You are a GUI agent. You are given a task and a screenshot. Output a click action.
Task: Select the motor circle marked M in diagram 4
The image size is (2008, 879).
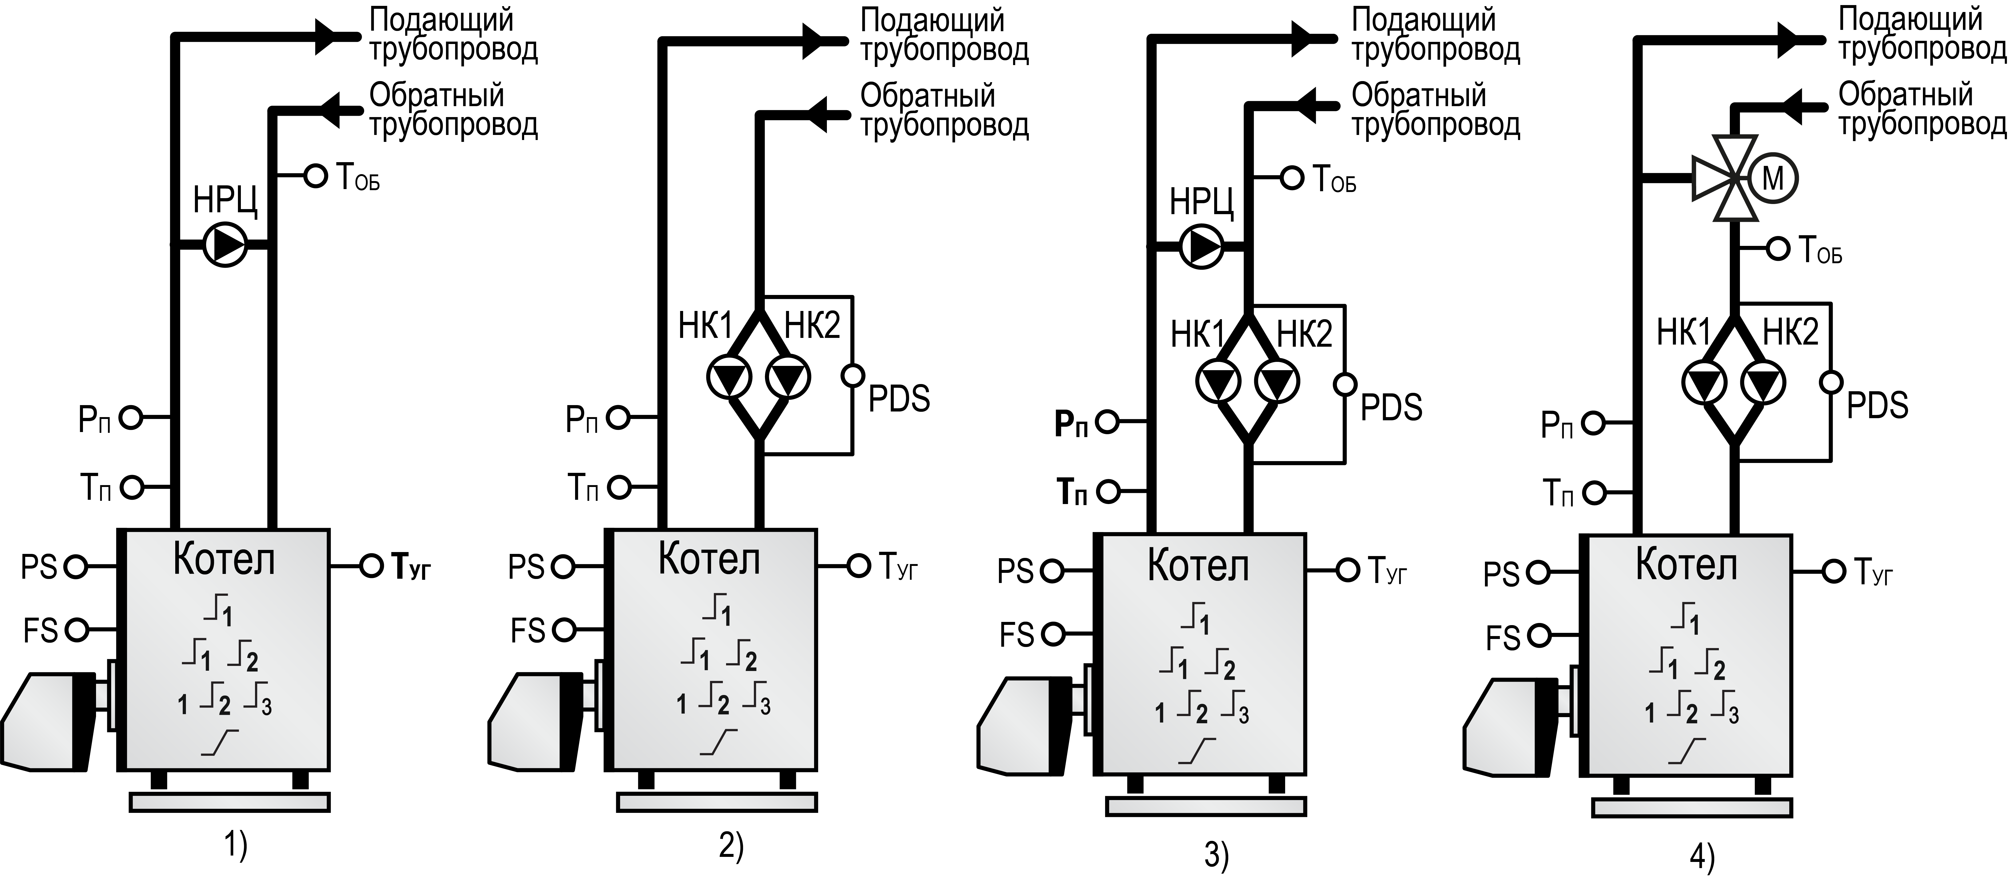(x=1772, y=178)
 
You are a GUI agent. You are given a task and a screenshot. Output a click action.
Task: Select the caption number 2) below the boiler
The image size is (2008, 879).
(x=730, y=846)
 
